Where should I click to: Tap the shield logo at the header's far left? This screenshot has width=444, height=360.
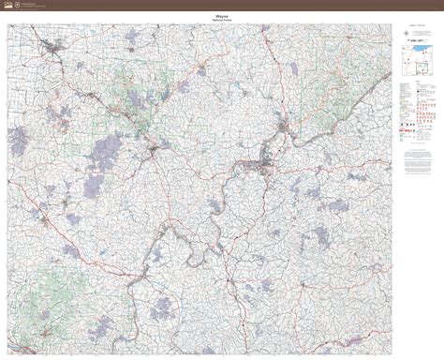click(x=4, y=4)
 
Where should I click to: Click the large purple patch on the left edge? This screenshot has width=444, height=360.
click(x=18, y=142)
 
